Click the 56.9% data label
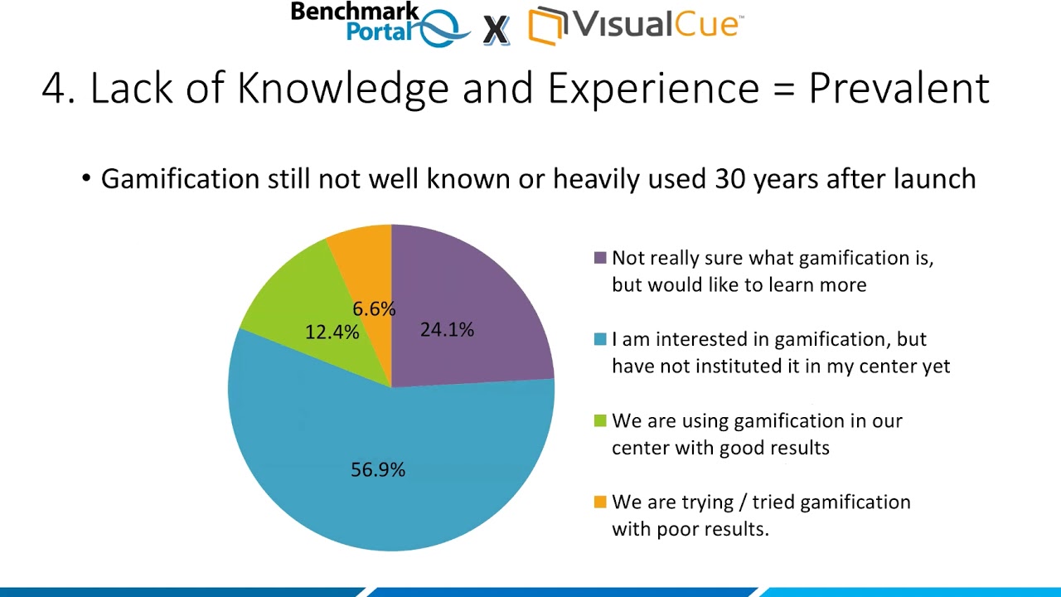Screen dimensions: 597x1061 pos(378,470)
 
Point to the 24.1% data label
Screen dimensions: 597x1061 pos(447,330)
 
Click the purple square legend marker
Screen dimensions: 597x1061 pos(600,258)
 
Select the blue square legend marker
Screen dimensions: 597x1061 pos(600,339)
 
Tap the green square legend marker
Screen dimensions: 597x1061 pos(600,420)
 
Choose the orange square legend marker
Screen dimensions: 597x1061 pos(600,502)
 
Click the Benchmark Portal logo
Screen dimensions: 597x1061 pos(381,23)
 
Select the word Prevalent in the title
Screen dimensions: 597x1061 pos(899,88)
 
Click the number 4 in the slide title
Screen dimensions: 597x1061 pos(53,88)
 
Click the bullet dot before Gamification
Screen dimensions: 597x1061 pos(86,179)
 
